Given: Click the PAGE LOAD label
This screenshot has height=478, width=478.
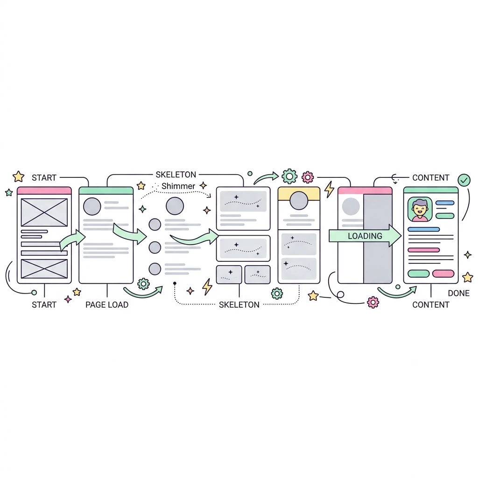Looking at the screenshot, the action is click(107, 304).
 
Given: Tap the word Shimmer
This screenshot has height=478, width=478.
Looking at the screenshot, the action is click(178, 186).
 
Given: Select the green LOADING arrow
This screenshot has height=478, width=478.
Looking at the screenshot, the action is click(365, 236).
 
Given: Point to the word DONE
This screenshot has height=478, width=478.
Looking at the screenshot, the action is click(458, 293).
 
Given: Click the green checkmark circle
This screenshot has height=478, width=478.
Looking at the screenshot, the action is click(464, 180).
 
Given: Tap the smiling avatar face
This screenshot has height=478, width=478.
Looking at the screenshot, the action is click(420, 209).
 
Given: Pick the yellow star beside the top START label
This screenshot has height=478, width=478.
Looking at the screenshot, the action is click(19, 176).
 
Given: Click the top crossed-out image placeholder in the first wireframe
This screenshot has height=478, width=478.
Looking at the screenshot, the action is click(44, 212).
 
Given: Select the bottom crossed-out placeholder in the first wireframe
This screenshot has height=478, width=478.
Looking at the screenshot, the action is click(44, 268).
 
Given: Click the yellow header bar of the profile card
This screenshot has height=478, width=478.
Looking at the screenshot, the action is click(299, 194).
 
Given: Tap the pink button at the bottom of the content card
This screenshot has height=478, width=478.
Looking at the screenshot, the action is click(443, 274).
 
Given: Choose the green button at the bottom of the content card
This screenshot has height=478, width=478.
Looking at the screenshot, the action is click(419, 274).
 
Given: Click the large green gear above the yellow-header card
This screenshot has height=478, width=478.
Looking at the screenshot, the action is click(289, 176).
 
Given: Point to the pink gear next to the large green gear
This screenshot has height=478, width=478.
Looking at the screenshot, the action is click(308, 177).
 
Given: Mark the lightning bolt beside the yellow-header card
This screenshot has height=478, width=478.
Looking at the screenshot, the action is click(329, 190).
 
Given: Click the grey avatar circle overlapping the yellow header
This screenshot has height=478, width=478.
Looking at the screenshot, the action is click(299, 201).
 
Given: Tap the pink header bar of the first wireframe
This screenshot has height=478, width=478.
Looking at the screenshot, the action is click(44, 191).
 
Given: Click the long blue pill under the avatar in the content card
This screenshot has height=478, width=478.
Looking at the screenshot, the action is click(423, 229).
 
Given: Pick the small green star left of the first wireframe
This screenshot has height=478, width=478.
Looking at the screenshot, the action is click(9, 192).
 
